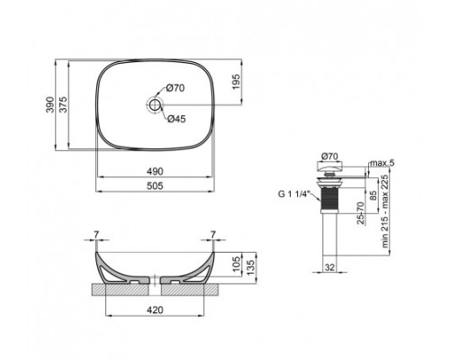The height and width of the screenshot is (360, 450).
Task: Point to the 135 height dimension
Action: pyautogui.click(x=255, y=261)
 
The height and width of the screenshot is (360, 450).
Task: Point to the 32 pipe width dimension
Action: pyautogui.click(x=329, y=266)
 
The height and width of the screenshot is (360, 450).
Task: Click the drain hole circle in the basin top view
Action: pyautogui.click(x=155, y=106)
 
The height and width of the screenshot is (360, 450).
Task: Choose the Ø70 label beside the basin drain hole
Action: pyautogui.click(x=175, y=89)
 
